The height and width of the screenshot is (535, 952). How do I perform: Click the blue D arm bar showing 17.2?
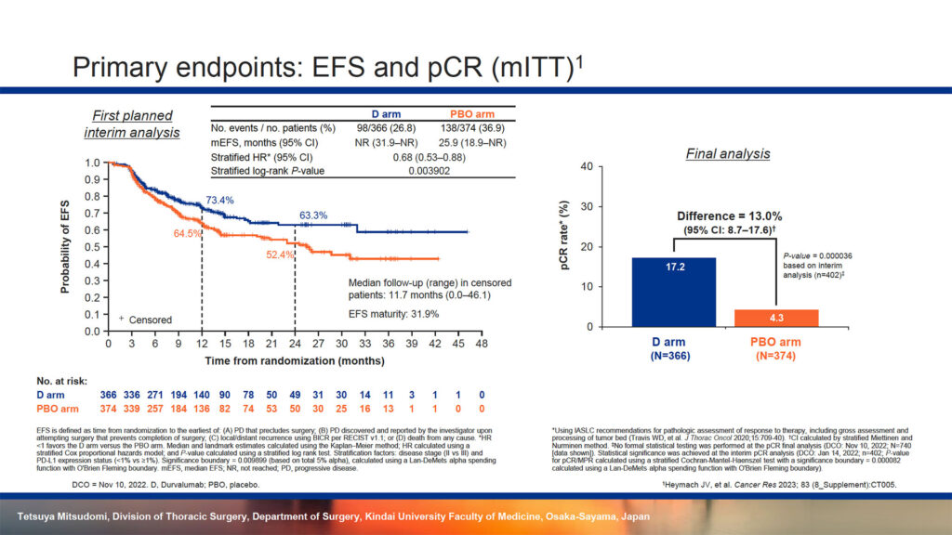pyautogui.click(x=672, y=292)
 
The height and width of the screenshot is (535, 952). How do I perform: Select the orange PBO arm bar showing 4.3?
pyautogui.click(x=776, y=318)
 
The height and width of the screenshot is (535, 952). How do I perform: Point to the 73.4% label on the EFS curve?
pyautogui.click(x=219, y=201)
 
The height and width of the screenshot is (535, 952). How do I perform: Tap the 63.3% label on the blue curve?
pyautogui.click(x=314, y=215)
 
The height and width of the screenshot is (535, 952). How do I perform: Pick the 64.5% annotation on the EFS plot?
pyautogui.click(x=188, y=233)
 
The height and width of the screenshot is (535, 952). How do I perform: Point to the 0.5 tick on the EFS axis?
pyautogui.click(x=94, y=247)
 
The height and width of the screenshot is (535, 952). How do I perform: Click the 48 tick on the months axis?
pyautogui.click(x=481, y=344)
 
